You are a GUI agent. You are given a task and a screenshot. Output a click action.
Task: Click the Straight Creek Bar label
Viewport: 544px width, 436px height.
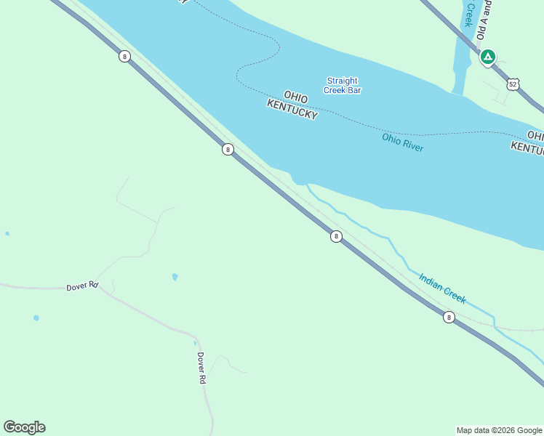tap(343, 86)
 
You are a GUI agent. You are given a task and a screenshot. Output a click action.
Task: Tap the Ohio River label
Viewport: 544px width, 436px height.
tap(402, 142)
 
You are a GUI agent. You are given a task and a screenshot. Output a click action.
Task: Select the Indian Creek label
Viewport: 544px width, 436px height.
tap(442, 288)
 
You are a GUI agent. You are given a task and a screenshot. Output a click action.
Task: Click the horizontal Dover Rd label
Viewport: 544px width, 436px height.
tap(81, 286)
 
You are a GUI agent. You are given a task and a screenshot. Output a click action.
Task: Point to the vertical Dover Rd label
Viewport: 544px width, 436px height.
tap(201, 368)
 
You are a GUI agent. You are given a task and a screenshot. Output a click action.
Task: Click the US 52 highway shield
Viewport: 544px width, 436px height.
tap(513, 84)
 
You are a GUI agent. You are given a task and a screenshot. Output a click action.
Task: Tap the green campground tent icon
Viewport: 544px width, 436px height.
tap(487, 57)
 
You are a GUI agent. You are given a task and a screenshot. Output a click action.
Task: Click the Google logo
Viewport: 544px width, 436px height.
tap(24, 427)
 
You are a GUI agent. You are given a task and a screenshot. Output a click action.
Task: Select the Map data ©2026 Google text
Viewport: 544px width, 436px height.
tap(499, 430)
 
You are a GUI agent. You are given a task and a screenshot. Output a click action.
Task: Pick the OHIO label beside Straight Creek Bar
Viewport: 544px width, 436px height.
tap(296, 97)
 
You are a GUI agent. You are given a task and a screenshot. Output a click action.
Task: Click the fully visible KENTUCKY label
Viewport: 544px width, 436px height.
tap(292, 110)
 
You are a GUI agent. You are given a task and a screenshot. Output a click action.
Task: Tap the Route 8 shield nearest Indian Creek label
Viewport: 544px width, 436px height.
tap(449, 317)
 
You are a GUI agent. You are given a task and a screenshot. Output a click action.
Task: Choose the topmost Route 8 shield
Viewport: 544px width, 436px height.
tap(125, 56)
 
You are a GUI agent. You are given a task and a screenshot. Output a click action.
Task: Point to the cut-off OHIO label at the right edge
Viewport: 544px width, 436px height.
tap(535, 136)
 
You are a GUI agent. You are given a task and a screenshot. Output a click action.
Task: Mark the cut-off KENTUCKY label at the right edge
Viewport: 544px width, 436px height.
tap(527, 148)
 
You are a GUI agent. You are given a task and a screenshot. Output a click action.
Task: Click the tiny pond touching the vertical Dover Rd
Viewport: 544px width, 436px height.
tap(195, 343)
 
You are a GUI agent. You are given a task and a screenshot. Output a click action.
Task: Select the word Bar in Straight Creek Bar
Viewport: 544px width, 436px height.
tap(353, 90)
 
